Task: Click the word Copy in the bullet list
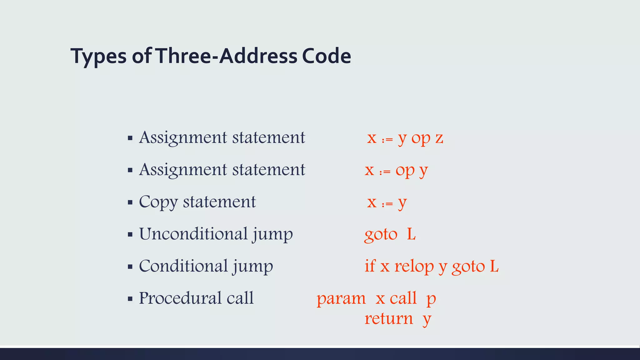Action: (x=158, y=202)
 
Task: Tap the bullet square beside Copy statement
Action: (x=130, y=202)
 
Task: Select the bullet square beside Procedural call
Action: (x=130, y=299)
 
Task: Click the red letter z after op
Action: (x=439, y=138)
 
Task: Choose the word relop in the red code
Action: (x=414, y=267)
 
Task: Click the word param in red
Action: (x=341, y=298)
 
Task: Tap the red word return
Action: (x=389, y=318)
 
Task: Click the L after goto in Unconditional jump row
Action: (x=411, y=234)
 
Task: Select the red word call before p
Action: (x=403, y=298)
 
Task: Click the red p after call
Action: (x=431, y=299)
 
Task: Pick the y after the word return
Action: (x=427, y=320)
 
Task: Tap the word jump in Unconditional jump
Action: (x=272, y=234)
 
